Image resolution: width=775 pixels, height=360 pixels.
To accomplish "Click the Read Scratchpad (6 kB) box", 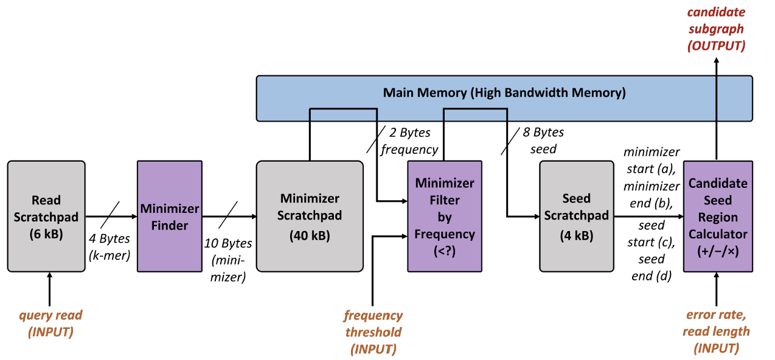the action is [x=46, y=216].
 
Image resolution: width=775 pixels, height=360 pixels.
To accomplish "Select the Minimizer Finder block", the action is [x=170, y=216].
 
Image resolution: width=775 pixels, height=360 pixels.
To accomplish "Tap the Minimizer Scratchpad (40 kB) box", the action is [x=310, y=216].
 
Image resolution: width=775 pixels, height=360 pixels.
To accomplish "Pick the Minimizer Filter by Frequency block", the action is [x=445, y=216].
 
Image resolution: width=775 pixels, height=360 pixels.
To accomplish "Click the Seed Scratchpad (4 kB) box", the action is [x=577, y=216].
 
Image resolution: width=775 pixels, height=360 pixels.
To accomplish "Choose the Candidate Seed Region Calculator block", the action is [x=718, y=216].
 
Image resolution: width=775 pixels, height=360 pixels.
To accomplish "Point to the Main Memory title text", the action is [x=504, y=92].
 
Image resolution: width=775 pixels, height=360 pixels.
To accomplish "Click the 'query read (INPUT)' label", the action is [x=50, y=323].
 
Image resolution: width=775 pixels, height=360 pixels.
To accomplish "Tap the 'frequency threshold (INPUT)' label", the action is [x=374, y=332].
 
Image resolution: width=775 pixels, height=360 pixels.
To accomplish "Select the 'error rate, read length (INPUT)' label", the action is [x=716, y=331].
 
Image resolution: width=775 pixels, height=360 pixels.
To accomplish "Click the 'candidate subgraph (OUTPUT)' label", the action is [x=716, y=29].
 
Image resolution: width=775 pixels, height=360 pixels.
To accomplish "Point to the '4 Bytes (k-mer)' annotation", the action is [x=109, y=246].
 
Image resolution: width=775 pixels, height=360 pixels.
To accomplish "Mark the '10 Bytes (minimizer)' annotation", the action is [x=228, y=260].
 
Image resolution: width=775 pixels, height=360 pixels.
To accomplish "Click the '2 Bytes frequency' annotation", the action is [x=409, y=140].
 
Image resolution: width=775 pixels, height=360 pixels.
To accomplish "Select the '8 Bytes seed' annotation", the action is [x=543, y=140].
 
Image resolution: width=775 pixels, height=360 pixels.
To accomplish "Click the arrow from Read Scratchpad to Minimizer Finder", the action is [x=111, y=216].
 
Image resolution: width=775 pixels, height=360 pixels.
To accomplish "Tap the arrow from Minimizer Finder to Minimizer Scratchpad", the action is [x=229, y=216].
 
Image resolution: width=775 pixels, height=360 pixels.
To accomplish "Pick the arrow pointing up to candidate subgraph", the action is [x=717, y=109].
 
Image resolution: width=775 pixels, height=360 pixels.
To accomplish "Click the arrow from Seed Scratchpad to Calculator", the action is [x=648, y=216].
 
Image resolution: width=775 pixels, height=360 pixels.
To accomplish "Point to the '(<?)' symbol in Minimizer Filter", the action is [x=445, y=251].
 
